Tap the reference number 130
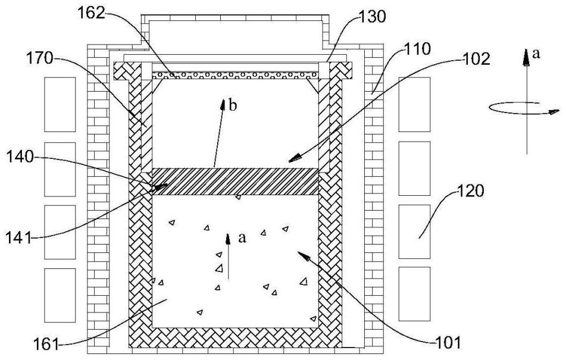point(372,17)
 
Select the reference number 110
point(417,49)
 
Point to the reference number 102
point(476,59)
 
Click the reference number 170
point(40,58)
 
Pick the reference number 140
point(20,157)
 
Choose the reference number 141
point(18,237)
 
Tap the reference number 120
point(470,191)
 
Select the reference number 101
point(448,343)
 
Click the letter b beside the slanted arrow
point(233,105)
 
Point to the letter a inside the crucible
point(242,237)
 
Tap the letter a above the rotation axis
point(536,54)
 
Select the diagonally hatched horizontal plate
point(235,181)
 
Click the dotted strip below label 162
point(235,75)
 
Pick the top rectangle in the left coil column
point(60,104)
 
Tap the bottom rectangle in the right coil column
point(414,294)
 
